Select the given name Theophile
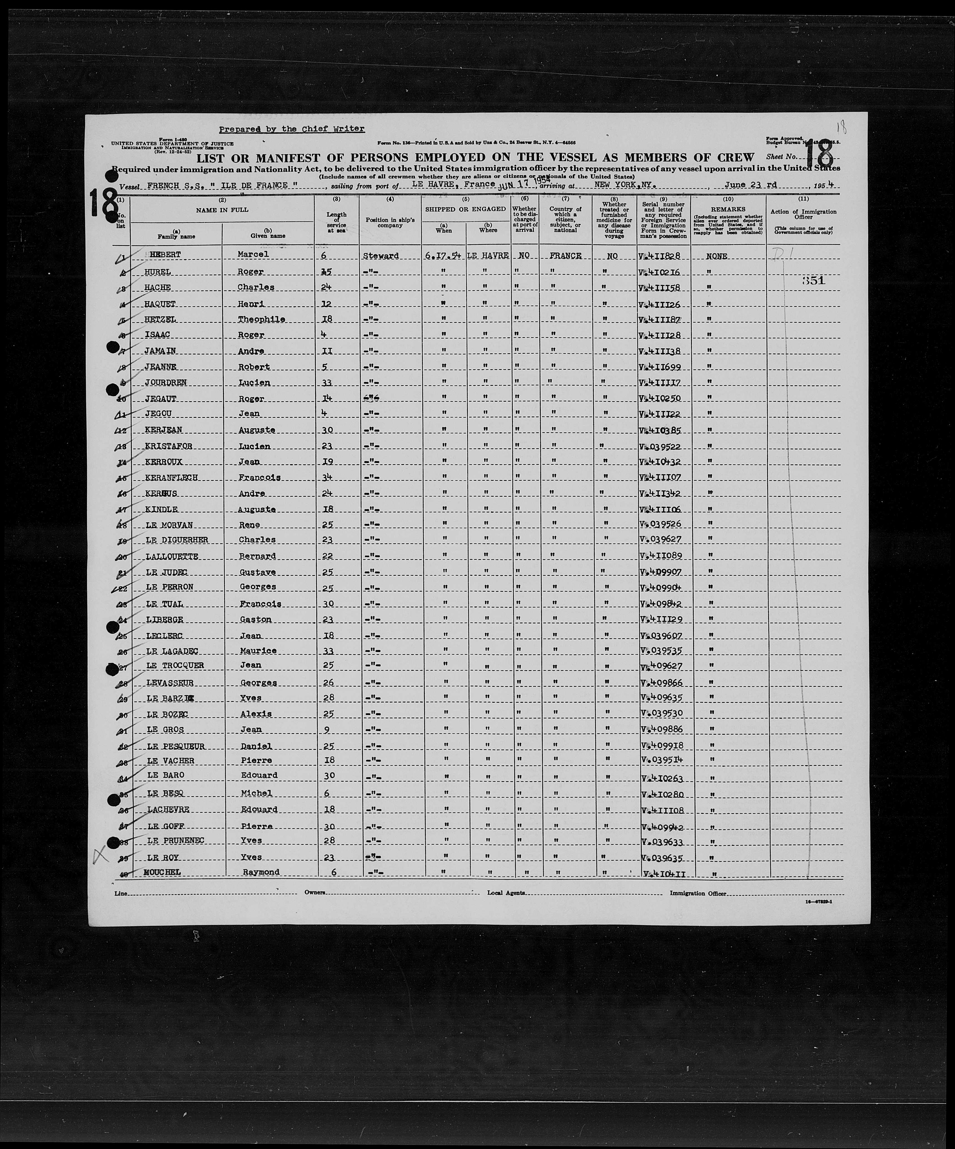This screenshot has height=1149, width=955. pos(261,319)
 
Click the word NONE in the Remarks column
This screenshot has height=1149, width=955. pos(716,256)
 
